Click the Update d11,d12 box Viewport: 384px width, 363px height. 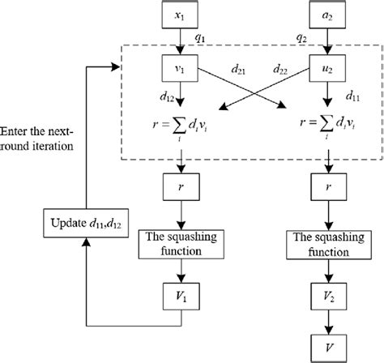pyautogui.click(x=82, y=220)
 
